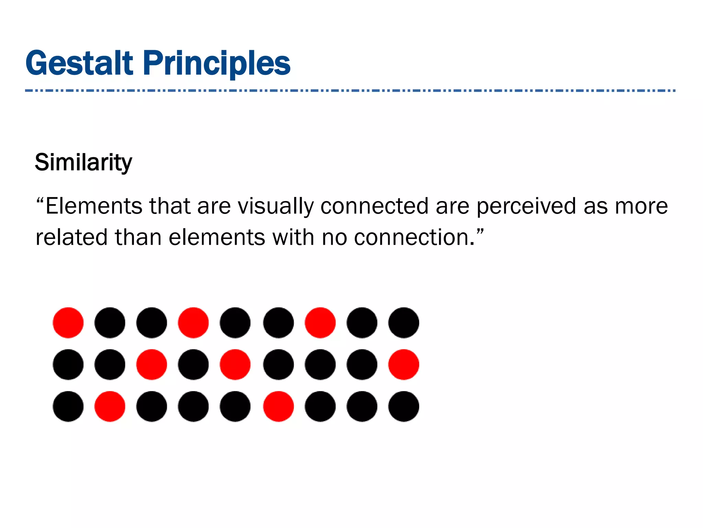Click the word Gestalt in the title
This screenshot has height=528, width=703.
click(x=79, y=63)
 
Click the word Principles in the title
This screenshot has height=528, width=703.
click(x=217, y=63)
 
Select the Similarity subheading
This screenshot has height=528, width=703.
click(x=83, y=162)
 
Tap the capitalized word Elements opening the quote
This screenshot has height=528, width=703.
click(x=94, y=206)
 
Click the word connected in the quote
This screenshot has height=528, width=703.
click(x=374, y=206)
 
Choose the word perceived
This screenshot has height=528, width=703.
click(x=526, y=206)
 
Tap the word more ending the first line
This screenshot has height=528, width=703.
click(x=641, y=206)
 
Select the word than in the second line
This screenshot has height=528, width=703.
click(x=138, y=237)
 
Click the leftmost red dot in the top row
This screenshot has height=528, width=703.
click(x=68, y=322)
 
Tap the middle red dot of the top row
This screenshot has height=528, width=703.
click(x=193, y=322)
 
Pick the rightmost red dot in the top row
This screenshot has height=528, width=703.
click(x=320, y=322)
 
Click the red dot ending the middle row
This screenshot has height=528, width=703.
click(x=404, y=364)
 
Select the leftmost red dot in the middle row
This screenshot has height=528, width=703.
click(x=151, y=364)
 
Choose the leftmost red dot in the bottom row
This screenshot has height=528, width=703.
click(x=110, y=406)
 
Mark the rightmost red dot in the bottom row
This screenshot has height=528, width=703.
click(x=278, y=406)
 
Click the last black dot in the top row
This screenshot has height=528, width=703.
click(x=404, y=322)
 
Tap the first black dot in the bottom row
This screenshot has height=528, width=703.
click(x=68, y=406)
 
